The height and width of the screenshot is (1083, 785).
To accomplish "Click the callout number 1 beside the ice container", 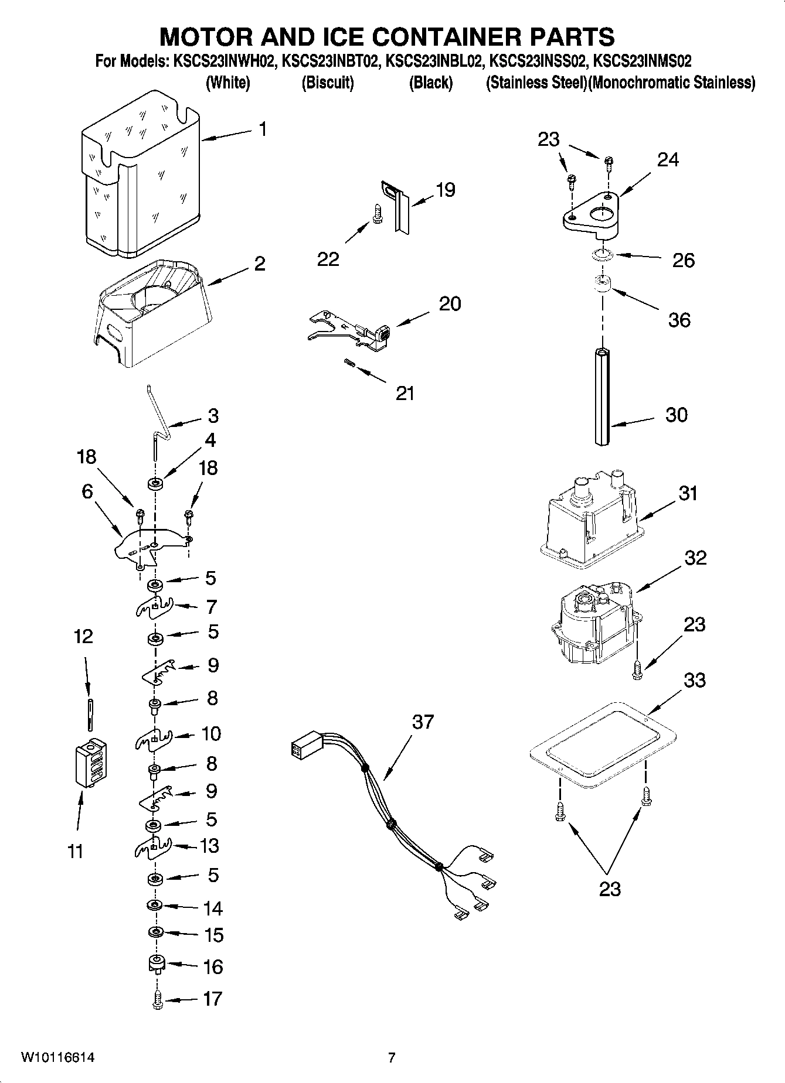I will click(263, 129).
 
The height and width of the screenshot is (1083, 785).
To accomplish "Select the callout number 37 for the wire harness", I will click(423, 722).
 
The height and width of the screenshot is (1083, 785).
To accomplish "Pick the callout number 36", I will click(679, 320).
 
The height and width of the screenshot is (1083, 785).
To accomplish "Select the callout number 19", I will click(446, 190).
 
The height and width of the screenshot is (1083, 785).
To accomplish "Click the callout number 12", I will click(83, 636).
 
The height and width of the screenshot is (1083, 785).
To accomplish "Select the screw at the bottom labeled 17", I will click(157, 1000).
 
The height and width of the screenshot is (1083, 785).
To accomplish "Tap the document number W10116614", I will click(58, 1058).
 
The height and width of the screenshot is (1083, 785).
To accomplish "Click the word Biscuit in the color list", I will click(327, 83).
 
